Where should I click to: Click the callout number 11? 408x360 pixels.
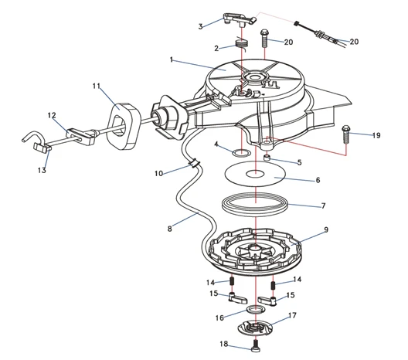click(x=97, y=86)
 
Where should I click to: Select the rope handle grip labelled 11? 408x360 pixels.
click(x=124, y=127)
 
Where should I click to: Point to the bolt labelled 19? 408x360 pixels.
click(x=346, y=134)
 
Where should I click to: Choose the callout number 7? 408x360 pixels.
click(x=324, y=206)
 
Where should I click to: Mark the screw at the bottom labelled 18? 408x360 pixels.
click(x=256, y=346)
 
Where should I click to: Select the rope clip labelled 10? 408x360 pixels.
click(x=194, y=164)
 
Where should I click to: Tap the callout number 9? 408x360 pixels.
click(x=326, y=229)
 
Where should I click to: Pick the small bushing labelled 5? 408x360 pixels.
click(x=267, y=158)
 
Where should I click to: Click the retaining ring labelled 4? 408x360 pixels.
click(x=242, y=152)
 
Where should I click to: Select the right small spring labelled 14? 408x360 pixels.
click(x=273, y=285)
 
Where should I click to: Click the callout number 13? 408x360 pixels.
click(x=42, y=171)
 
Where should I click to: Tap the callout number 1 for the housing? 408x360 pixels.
click(x=172, y=60)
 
